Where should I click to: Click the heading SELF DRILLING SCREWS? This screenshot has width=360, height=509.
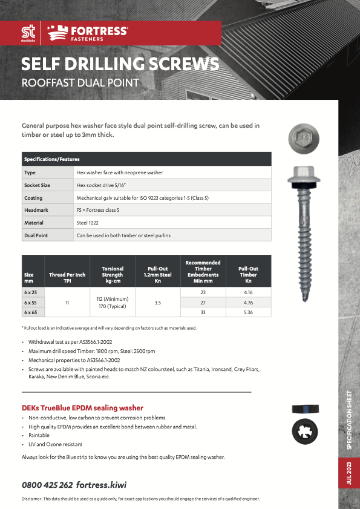[x=120, y=64]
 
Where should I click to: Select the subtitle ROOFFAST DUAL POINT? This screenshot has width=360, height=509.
[x=80, y=82]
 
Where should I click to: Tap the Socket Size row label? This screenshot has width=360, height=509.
[x=37, y=185]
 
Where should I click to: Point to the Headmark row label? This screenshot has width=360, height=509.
[x=36, y=210]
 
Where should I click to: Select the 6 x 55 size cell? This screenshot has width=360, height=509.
[x=31, y=301]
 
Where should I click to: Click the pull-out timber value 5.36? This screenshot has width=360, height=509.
[x=248, y=312]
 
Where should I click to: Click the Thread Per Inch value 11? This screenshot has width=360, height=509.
[x=67, y=301]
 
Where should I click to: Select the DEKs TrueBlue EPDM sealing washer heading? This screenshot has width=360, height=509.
[x=82, y=408]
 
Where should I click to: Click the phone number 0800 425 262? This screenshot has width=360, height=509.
[x=47, y=485]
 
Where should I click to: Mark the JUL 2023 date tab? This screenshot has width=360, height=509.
[x=349, y=472]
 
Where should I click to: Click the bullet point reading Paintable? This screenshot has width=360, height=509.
[x=39, y=435]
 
